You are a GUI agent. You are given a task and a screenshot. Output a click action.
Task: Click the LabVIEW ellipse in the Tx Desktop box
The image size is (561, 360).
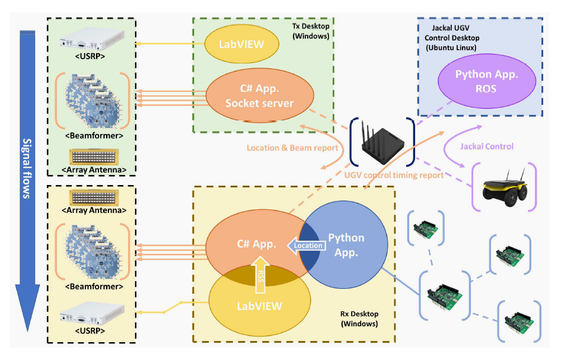(242, 43)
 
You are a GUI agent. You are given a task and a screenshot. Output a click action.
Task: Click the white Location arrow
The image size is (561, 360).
(305, 245)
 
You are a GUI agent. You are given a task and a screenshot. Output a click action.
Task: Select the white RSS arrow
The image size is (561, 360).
(259, 274)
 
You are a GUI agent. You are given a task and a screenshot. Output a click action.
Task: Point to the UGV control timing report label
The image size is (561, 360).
(394, 175)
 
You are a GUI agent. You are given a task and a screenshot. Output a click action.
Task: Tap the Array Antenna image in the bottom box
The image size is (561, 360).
(92, 197)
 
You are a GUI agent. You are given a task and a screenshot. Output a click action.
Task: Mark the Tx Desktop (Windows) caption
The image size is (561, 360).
(312, 31)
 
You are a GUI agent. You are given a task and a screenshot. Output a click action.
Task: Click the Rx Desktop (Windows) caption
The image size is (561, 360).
(359, 319)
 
